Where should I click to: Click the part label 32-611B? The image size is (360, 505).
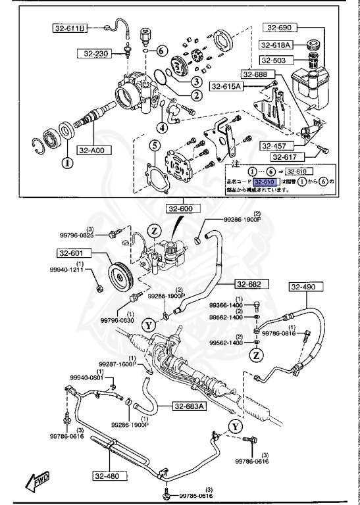[x=69, y=28]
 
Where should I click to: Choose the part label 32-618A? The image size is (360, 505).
[x=276, y=45]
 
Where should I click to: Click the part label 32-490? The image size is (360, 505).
[x=303, y=287]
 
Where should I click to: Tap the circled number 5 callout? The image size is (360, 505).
[x=154, y=145]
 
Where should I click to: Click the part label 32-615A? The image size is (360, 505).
[x=226, y=86]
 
